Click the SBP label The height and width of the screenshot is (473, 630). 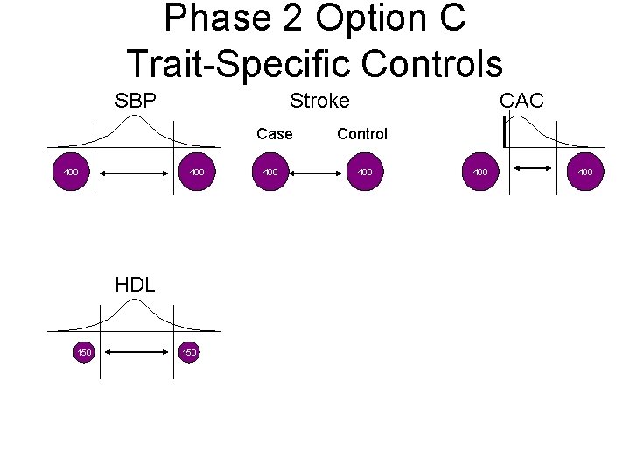click(x=136, y=101)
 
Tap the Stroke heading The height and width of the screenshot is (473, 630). click(x=319, y=101)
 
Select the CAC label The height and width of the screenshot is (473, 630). click(x=521, y=101)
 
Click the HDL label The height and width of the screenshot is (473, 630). click(x=136, y=285)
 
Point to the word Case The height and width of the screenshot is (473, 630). click(x=275, y=134)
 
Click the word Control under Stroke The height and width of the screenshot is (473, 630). click(x=361, y=134)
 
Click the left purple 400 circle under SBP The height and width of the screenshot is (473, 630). click(x=71, y=172)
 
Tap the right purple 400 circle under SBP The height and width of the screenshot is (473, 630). click(x=197, y=172)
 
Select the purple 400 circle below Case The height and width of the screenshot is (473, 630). click(x=270, y=172)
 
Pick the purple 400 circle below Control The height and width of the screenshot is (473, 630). click(x=365, y=172)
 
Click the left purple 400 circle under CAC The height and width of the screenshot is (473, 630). click(x=480, y=172)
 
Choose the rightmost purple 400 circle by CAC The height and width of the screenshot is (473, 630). click(x=585, y=172)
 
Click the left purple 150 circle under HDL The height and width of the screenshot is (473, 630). click(x=83, y=352)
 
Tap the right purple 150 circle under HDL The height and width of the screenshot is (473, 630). click(x=189, y=352)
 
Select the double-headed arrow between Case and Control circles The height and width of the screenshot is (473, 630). click(x=318, y=174)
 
